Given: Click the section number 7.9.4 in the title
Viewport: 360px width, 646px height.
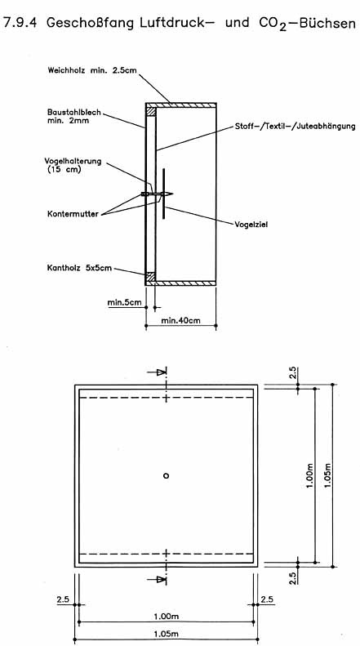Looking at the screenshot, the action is click(20, 23).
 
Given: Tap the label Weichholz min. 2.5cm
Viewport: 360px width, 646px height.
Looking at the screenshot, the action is click(93, 70).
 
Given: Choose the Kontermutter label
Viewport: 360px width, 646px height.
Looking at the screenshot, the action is click(73, 214).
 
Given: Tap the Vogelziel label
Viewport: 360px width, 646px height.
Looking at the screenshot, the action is click(251, 225).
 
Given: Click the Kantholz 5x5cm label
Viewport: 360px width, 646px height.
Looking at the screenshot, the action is click(80, 270).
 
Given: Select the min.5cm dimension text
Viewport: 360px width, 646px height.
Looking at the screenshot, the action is click(125, 303).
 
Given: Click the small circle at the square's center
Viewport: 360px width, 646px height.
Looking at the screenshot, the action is click(166, 476).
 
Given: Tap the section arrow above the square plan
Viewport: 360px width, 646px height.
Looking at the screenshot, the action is click(157, 372).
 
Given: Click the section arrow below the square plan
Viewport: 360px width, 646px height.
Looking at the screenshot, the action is click(157, 579).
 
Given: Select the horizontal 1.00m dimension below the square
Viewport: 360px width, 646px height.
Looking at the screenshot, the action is click(165, 617).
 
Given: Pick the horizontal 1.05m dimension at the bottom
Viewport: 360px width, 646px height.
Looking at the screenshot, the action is click(165, 635).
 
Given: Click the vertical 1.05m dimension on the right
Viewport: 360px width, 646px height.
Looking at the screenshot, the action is click(328, 475).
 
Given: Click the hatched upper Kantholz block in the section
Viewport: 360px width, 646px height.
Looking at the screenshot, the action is click(151, 111).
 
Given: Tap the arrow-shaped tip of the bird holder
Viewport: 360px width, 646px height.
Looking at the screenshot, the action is click(169, 194).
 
